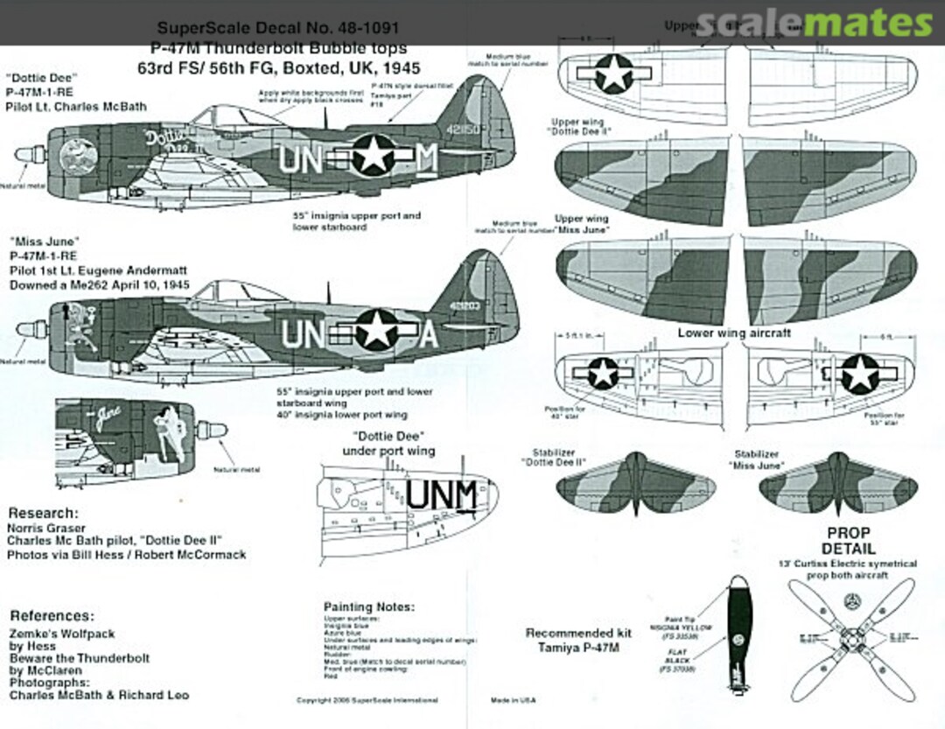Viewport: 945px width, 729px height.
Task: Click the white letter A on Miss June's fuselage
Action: pos(427,334)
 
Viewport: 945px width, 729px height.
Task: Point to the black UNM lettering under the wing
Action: pos(442,495)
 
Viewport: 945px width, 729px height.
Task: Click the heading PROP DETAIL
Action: pos(848,540)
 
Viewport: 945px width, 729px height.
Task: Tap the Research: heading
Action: pos(43,513)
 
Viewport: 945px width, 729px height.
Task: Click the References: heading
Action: pos(52,616)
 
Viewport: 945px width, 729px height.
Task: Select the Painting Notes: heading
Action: pos(369,606)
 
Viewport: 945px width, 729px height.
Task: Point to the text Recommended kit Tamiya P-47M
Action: pos(569,640)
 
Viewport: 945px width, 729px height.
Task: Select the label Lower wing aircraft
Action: pos(733,333)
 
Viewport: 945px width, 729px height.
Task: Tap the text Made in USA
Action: pos(513,700)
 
